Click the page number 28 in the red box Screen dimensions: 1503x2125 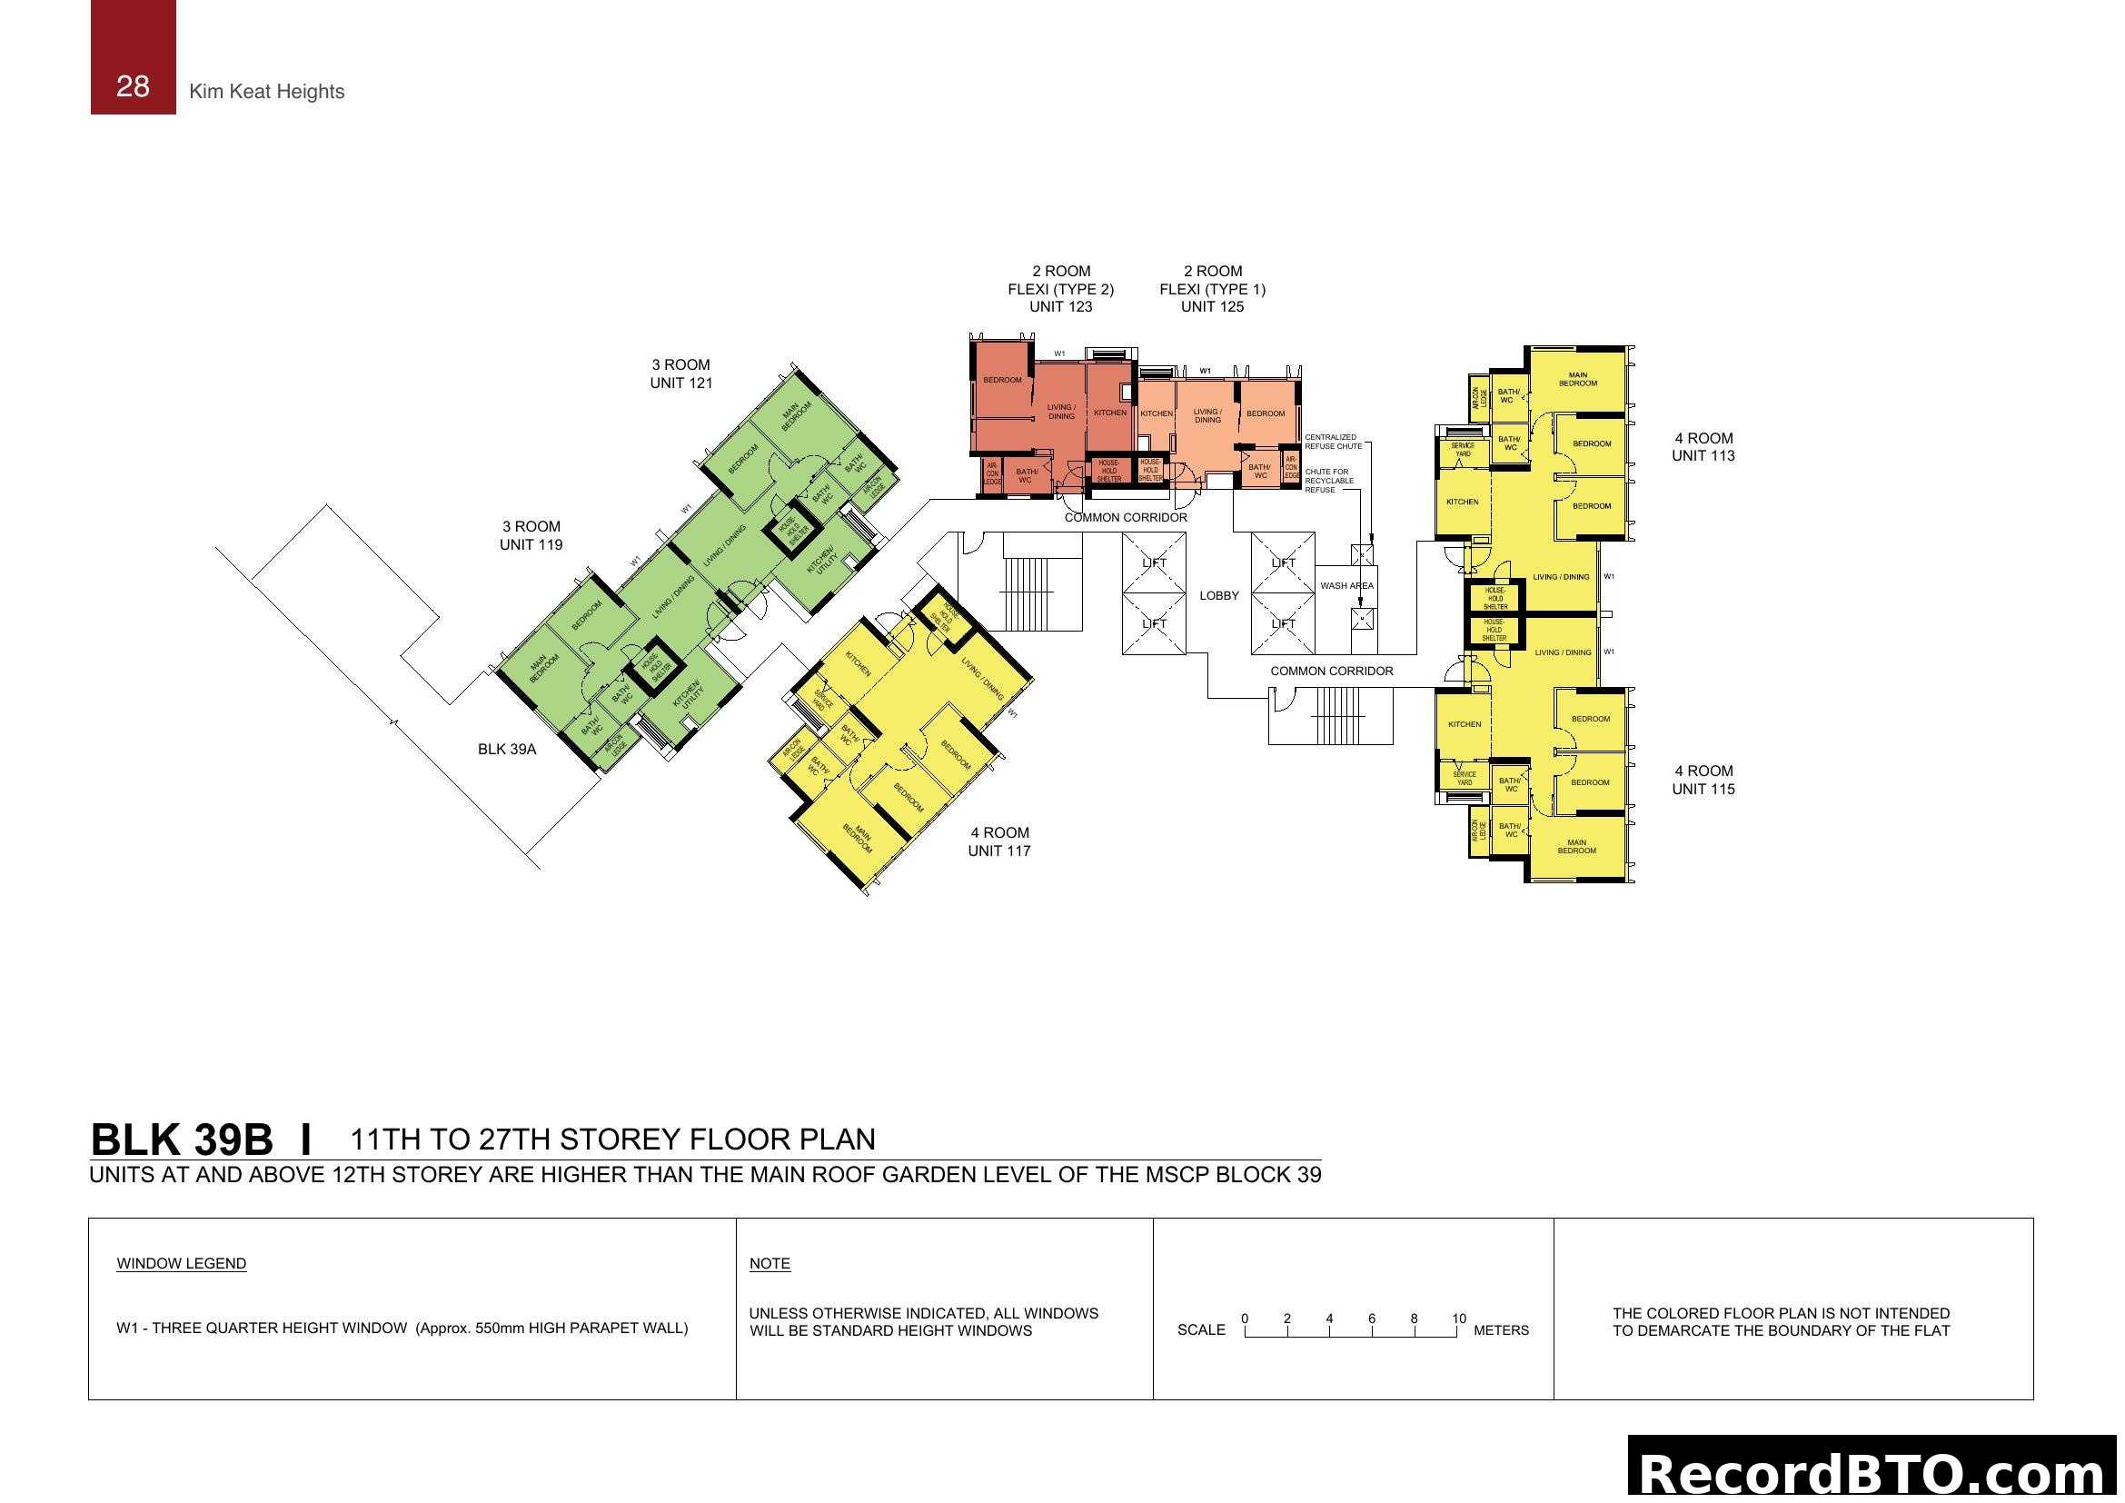tap(133, 86)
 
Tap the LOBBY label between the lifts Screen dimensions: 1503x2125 tap(1218, 595)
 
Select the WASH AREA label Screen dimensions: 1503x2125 tap(1346, 585)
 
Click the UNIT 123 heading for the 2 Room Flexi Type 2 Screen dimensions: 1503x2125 tap(1059, 306)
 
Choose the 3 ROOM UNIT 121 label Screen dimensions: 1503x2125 tap(680, 373)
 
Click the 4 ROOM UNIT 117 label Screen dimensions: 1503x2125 tap(998, 841)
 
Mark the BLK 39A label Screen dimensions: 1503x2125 tap(506, 749)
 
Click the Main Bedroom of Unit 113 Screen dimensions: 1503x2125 tap(1577, 379)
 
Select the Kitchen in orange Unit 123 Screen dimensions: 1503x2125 tap(1109, 413)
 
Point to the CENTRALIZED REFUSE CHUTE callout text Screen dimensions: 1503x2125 tap(1332, 442)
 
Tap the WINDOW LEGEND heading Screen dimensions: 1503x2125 tap(182, 1263)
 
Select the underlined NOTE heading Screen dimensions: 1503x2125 tap(770, 1263)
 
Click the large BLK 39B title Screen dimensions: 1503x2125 tap(182, 1140)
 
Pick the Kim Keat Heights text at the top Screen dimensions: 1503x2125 tap(266, 91)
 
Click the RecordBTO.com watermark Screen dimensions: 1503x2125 tap(1873, 1471)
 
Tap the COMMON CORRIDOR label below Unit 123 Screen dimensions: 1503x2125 tap(1125, 517)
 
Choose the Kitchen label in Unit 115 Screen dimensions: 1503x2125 tap(1464, 723)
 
